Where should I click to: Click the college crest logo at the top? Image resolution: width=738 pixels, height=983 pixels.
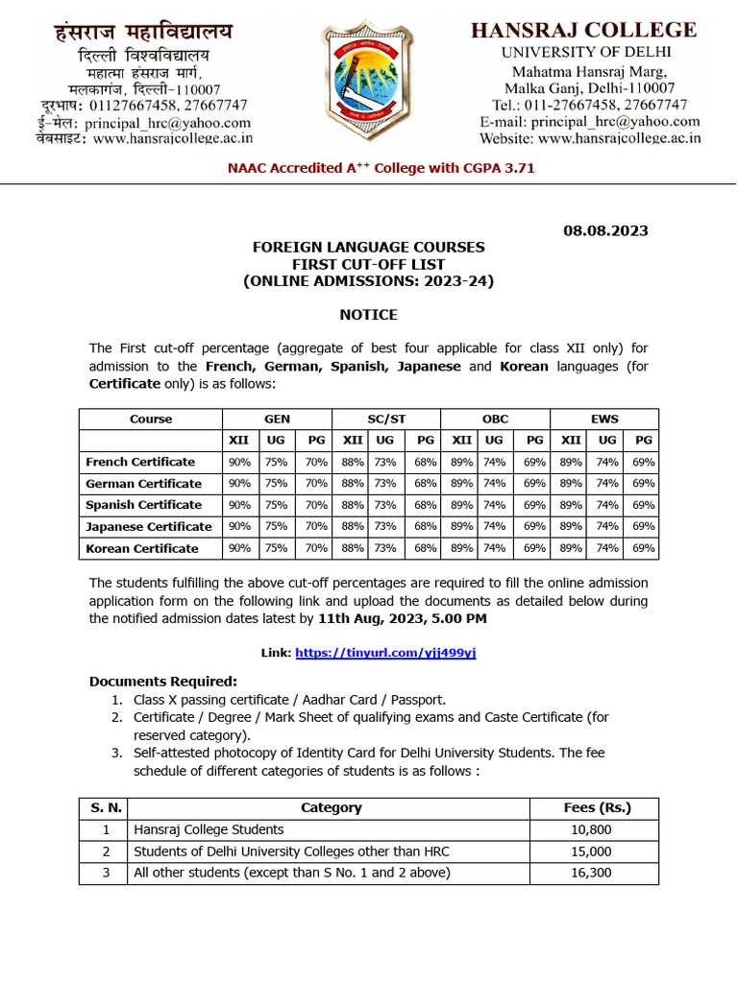pos(368,85)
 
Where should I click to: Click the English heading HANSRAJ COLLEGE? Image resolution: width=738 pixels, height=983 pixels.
pos(583,30)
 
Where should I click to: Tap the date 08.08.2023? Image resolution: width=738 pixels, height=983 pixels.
pos(604,230)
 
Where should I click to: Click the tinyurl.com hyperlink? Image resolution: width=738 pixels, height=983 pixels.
pos(385,653)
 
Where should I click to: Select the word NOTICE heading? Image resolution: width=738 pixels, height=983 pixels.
pos(368,315)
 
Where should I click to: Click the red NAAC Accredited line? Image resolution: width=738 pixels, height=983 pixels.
pos(381,168)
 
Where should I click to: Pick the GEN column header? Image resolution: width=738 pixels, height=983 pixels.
pos(277,420)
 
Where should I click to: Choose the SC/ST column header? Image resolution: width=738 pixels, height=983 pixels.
pos(385,420)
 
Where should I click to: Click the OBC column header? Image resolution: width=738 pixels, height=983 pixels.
pos(495,420)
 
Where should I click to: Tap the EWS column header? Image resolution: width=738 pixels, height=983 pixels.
pos(604,420)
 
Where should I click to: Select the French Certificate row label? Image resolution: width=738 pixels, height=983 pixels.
pos(140,462)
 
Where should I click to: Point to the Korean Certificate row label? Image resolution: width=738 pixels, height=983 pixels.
pos(142,549)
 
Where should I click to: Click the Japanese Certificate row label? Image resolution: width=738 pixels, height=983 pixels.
pos(149,527)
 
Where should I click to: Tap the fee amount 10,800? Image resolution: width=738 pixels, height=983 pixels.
pos(590,829)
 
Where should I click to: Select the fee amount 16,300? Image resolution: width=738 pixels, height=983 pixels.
pos(590,873)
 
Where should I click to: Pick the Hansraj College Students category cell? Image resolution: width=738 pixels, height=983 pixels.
pos(209,829)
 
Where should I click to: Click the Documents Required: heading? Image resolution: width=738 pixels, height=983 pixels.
pos(162,682)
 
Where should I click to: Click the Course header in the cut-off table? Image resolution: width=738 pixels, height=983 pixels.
pos(151,420)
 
